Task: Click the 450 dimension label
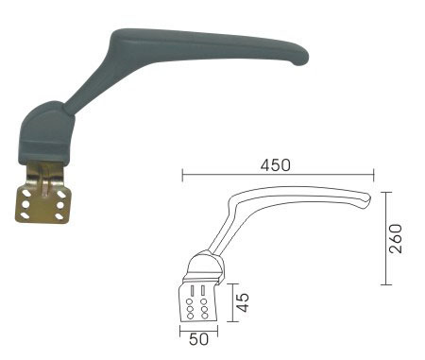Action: (275, 165)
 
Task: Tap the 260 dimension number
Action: (396, 238)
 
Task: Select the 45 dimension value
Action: (243, 302)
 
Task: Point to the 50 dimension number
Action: (198, 339)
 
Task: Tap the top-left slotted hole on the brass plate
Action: (25, 193)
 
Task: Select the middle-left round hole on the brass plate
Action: (25, 205)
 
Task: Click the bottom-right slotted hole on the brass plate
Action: (59, 216)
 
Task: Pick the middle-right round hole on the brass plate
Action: (60, 205)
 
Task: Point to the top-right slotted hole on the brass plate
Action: (61, 194)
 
